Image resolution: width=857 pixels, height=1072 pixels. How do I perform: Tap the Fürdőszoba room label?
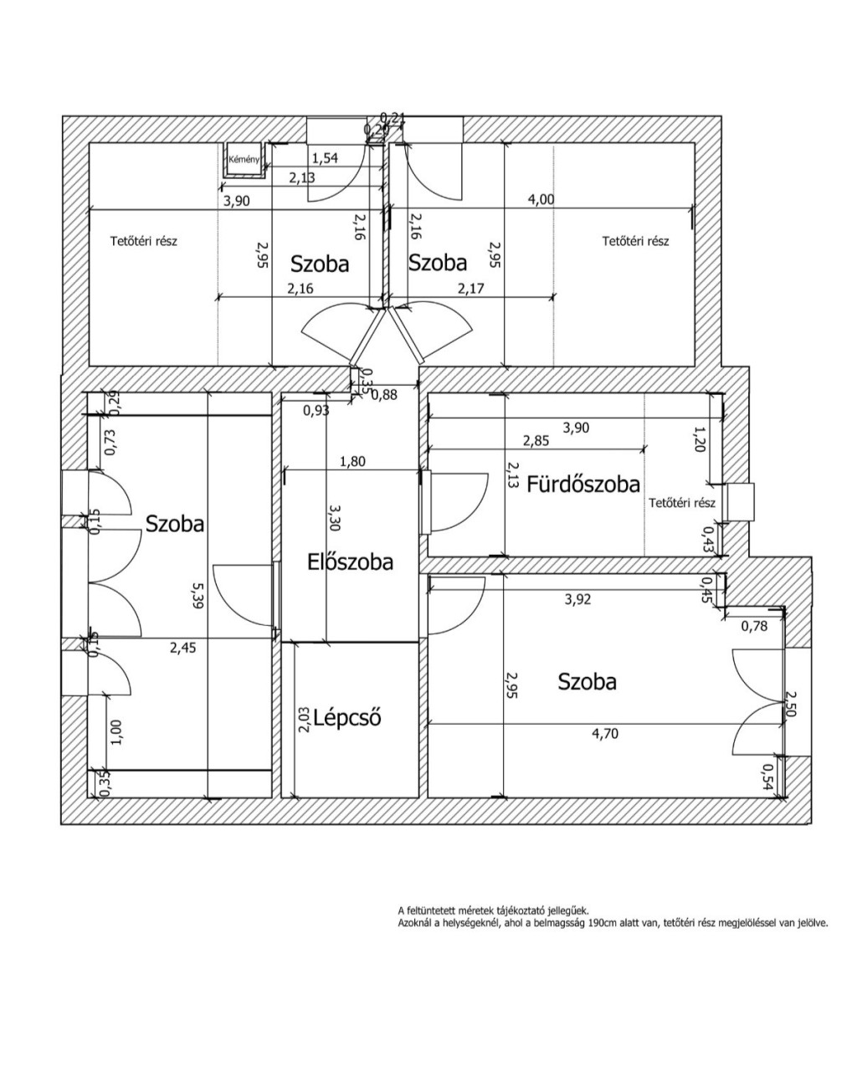pos(583,484)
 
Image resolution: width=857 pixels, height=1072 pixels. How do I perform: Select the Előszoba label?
pos(350,562)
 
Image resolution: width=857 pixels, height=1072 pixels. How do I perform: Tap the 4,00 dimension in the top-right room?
pos(541,199)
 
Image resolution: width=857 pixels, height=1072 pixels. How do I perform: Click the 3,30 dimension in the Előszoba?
pos(335,519)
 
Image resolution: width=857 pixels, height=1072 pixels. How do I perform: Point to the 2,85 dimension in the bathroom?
pos(536,441)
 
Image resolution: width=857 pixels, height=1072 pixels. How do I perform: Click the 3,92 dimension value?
pos(582,598)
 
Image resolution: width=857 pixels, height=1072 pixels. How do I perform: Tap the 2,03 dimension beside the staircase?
pos(304,720)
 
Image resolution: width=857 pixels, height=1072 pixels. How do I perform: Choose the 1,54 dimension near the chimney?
pos(326,157)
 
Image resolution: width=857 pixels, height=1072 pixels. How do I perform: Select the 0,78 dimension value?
pos(756,624)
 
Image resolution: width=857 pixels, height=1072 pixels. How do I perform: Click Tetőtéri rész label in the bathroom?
pos(682,503)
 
